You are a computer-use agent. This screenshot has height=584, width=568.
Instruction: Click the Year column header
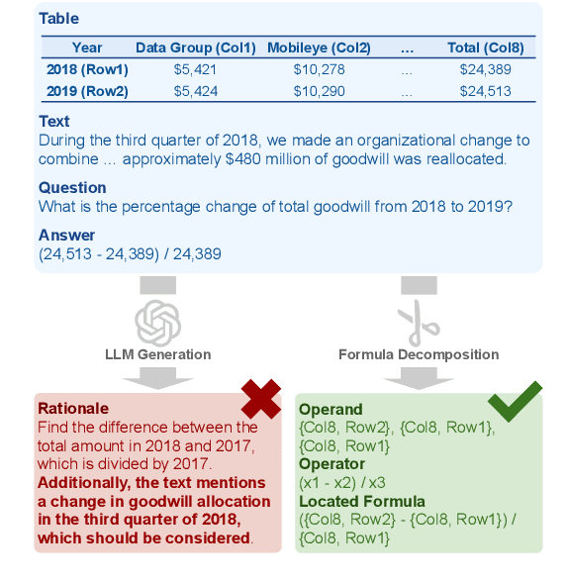click(x=87, y=48)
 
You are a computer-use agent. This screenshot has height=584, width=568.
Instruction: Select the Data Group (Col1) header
click(x=195, y=48)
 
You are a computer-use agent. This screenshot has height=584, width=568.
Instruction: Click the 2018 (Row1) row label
click(x=87, y=69)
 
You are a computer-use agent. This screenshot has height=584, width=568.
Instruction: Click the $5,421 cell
click(x=195, y=69)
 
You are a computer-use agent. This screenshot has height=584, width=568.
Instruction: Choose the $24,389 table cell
click(x=486, y=69)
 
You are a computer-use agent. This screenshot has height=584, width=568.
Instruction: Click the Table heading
click(x=58, y=19)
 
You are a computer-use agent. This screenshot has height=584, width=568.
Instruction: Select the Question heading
click(x=72, y=188)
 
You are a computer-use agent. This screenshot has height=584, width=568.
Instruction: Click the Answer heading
click(x=66, y=236)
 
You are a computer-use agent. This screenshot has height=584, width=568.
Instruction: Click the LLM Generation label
click(x=158, y=354)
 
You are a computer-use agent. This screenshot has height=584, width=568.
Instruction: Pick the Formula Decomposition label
click(x=419, y=354)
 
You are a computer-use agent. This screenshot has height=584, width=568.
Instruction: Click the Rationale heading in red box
click(x=72, y=408)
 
